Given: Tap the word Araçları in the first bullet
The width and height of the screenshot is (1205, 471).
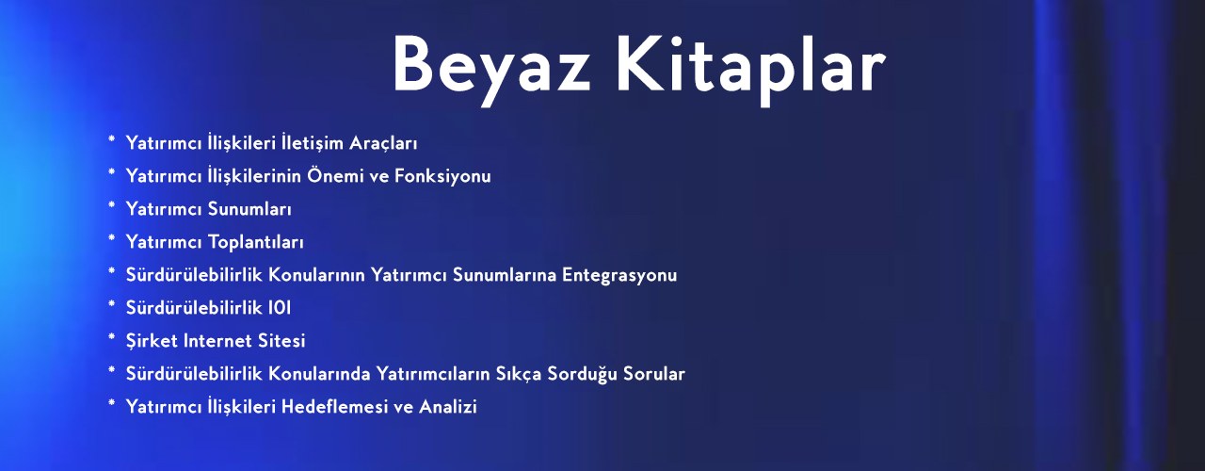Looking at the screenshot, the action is pos(383,144).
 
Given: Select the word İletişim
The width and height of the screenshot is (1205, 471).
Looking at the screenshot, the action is pos(312,144).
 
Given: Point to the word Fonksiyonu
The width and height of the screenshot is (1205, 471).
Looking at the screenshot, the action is pos(442,176).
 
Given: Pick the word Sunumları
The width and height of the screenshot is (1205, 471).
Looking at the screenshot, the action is pos(249,209).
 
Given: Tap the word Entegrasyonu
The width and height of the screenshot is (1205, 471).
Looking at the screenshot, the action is pos(619,276).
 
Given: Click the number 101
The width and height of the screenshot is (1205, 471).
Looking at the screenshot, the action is pos(280,308).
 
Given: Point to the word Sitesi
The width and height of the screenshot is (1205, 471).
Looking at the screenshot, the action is pos(281,341).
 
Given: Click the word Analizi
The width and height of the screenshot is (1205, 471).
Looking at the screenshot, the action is pos(447,406).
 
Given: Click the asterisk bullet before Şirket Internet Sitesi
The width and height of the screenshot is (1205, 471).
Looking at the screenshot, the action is pos(111,337).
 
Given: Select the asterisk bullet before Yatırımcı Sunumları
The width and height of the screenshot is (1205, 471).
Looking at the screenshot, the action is pos(111,205).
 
